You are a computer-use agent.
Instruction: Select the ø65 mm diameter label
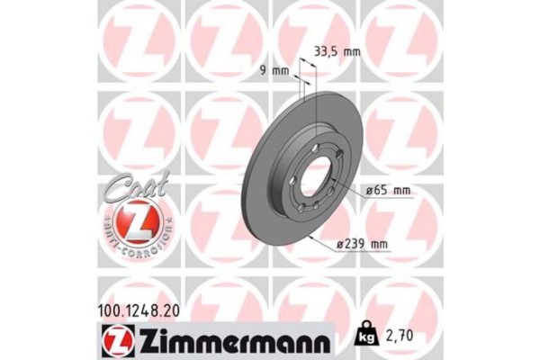tap(388, 190)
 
